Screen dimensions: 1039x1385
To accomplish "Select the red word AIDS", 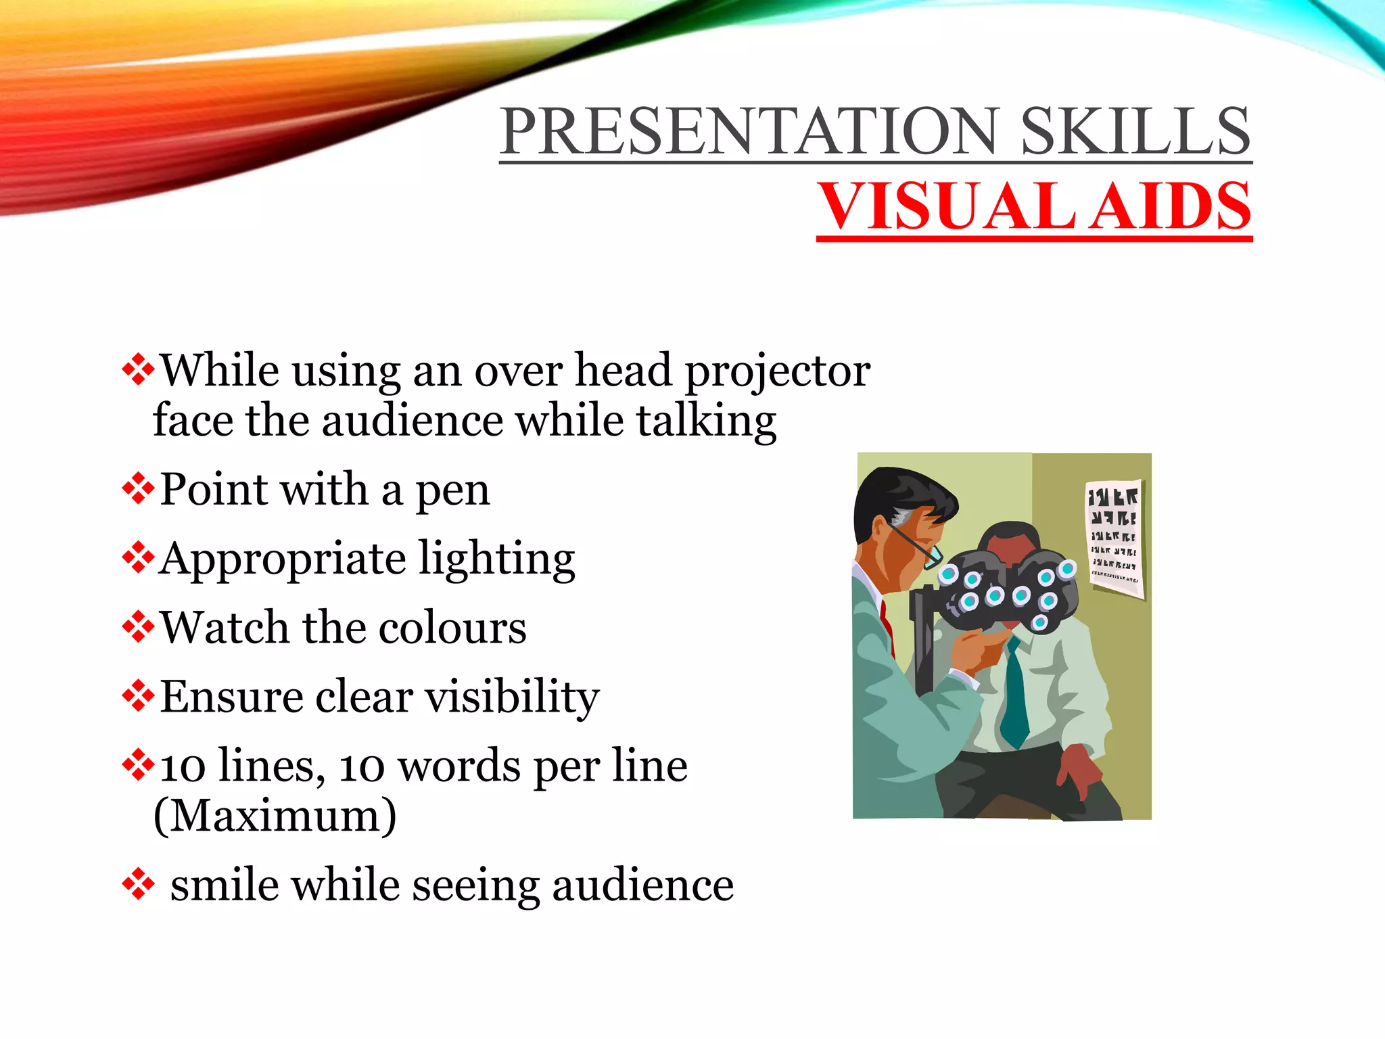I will click(x=1173, y=207).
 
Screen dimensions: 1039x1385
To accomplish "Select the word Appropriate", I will click(x=282, y=561).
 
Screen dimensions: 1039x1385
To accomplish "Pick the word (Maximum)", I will click(x=275, y=816).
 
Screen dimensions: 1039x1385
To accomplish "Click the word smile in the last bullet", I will click(x=224, y=885).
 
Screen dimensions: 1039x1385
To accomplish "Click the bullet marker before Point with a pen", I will click(x=138, y=489).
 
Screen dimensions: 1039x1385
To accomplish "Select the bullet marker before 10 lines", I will click(x=138, y=765).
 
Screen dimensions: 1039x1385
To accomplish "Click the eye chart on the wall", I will click(x=1114, y=538).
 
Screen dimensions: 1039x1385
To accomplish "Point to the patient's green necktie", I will click(x=1014, y=697).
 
